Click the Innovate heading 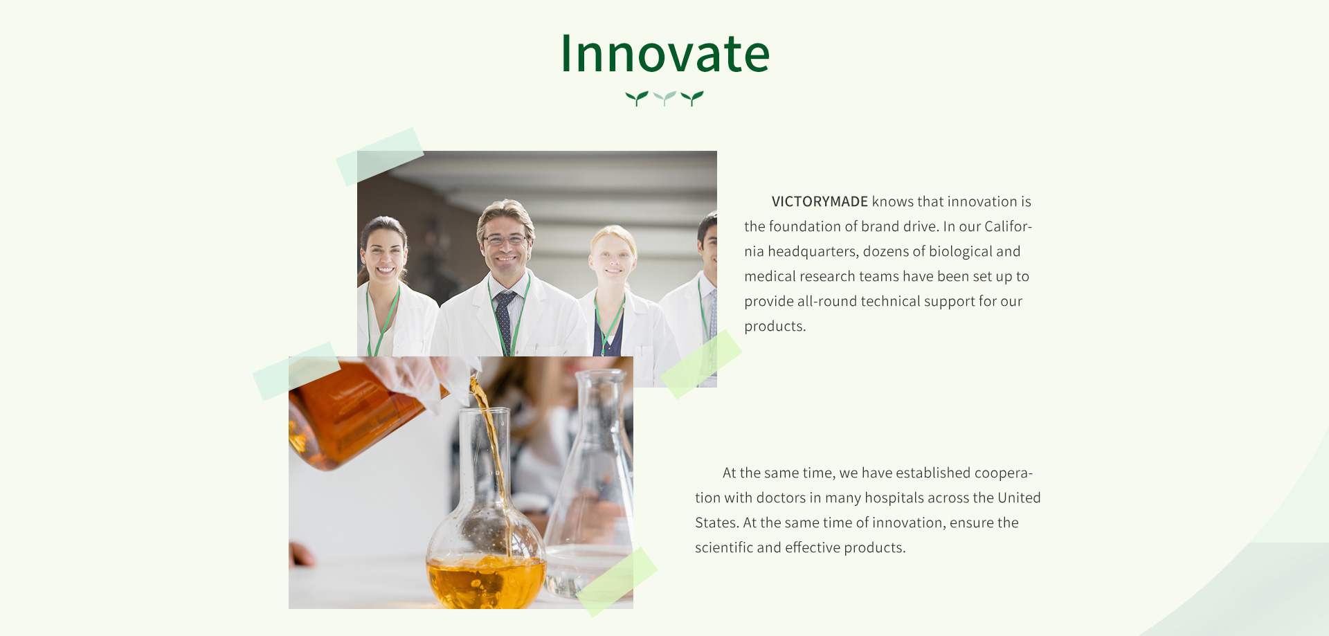(x=664, y=53)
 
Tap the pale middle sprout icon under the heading (x=664, y=98)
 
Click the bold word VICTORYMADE (x=820, y=201)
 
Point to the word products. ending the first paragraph (x=775, y=326)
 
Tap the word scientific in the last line (x=724, y=547)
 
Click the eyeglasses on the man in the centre (x=505, y=239)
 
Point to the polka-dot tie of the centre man (x=505, y=322)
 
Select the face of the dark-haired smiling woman (x=384, y=254)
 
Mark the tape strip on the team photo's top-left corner (x=380, y=156)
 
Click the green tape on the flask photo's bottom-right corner (x=617, y=582)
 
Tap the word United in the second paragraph (x=1019, y=498)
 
